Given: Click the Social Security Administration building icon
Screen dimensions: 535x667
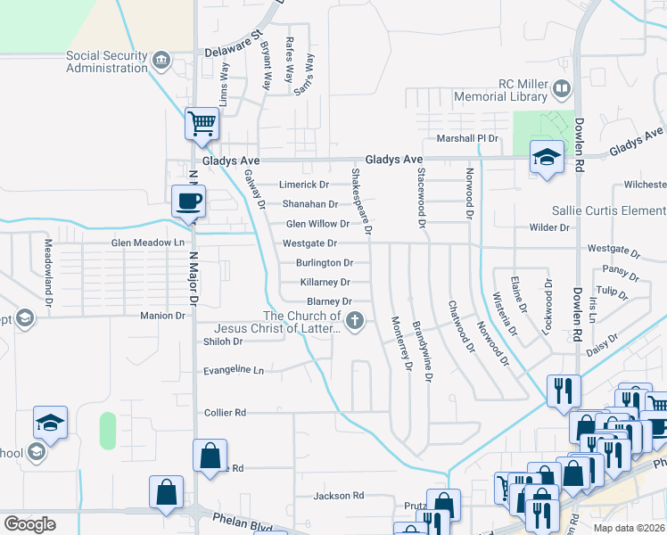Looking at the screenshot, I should coord(161,61).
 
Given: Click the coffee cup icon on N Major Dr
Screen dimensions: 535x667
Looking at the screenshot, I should coord(188,202).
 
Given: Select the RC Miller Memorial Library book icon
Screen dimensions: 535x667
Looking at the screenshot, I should coord(562,88).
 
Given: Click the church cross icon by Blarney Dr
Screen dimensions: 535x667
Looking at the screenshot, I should coord(355,322).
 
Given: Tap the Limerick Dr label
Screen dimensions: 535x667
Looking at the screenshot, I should coord(304,185).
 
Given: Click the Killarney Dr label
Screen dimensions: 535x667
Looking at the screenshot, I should coord(325,283).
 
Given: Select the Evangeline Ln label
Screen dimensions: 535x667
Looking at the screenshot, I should coord(234,370).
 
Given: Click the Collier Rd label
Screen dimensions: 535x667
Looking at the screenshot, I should coord(225,413).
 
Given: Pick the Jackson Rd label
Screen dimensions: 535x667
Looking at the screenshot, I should coord(339,496).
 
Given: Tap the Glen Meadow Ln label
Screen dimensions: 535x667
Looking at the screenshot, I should coord(148,243).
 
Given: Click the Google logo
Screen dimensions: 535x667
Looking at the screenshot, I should coord(29,524).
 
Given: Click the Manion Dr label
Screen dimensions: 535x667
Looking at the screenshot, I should coord(162,316).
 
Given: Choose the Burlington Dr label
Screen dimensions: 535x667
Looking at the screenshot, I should coord(325,263).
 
